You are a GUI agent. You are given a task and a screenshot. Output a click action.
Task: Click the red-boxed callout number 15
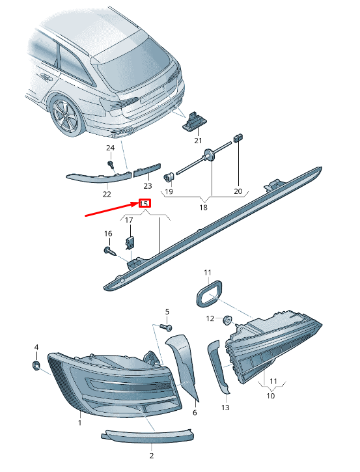coord(144,204)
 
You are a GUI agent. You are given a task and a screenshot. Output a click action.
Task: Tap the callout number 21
coord(198,140)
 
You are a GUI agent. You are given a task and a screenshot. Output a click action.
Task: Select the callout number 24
coord(110,148)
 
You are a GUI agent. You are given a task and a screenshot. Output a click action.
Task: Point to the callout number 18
coord(203,207)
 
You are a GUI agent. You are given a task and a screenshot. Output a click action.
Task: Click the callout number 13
coord(225,408)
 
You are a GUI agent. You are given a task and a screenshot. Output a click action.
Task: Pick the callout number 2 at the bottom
coord(152,456)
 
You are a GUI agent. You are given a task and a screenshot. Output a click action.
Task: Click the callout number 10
coord(271,396)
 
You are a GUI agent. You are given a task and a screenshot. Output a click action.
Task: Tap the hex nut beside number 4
coord(36,365)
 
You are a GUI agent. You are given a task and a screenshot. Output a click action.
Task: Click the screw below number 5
coord(166,327)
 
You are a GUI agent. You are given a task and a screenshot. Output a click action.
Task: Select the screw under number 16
coord(110,251)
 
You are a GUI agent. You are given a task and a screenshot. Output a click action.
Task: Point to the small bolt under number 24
coord(111,165)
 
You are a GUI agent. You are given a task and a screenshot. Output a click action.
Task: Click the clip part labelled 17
coord(130,243)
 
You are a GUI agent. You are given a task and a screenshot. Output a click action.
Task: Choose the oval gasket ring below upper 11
coord(209,294)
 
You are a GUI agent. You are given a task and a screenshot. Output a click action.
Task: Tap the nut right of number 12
coord(227,320)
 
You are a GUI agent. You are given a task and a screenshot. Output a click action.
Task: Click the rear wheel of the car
coord(67,115)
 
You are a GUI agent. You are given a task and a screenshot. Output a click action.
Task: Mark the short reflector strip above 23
coord(147,170)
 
